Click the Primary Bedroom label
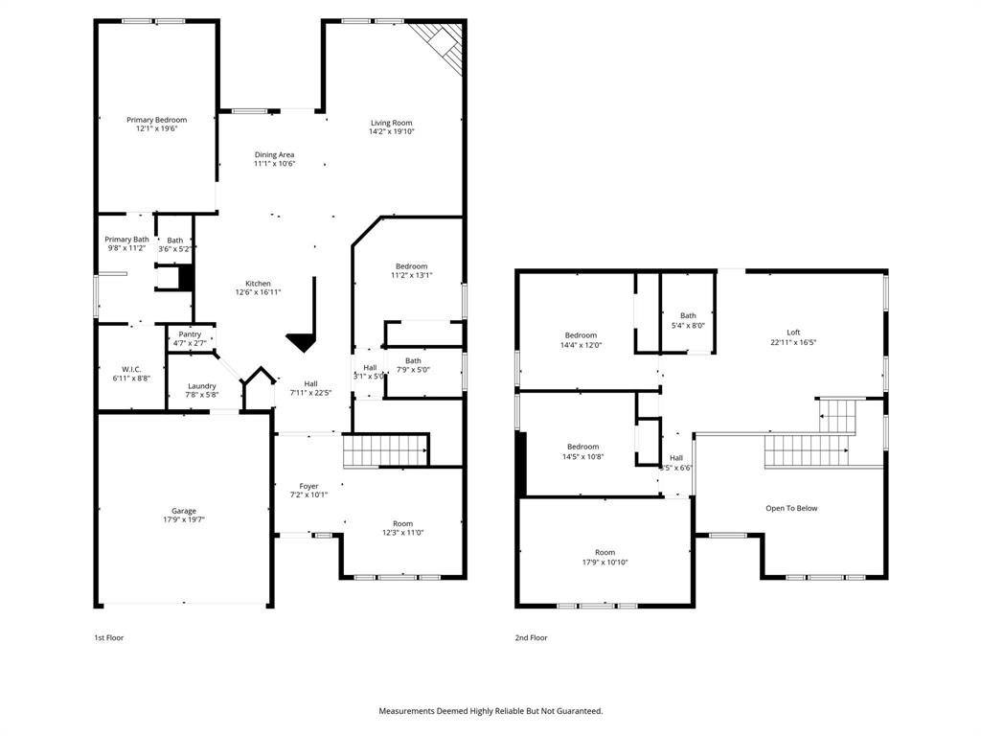pos(156,120)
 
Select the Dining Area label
pos(274,154)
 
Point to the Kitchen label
pos(258,284)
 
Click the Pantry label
pos(190,334)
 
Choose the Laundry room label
pos(202,386)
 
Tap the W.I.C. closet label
pos(131,369)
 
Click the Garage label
pos(184,511)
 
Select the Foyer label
pos(308,486)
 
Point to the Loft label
pos(793,333)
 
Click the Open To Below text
pos(791,508)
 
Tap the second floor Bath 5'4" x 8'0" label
pos(688,315)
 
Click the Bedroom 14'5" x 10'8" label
pos(582,447)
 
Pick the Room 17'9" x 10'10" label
pos(605,552)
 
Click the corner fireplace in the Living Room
pos(442,43)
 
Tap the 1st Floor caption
pos(108,637)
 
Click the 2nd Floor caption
pos(532,637)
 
